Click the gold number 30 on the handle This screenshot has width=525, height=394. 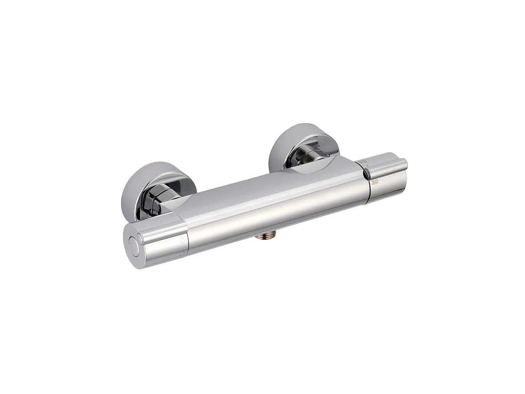pyautogui.click(x=374, y=182)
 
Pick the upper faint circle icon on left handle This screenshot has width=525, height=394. pyautogui.click(x=182, y=241)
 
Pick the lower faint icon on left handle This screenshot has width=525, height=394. pyautogui.click(x=182, y=253)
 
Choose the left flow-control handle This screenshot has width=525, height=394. pyautogui.click(x=156, y=241)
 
